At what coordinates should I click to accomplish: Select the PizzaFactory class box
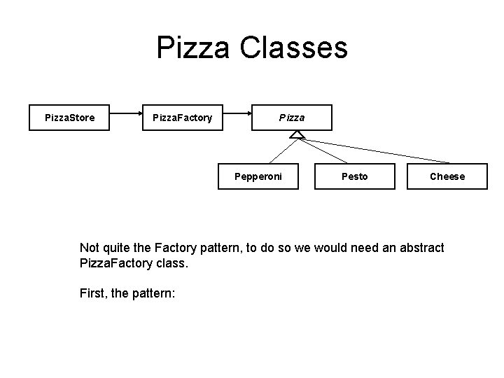pos(182,118)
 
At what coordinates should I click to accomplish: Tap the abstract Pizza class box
pos(292,118)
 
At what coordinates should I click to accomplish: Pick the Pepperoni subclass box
pos(258,176)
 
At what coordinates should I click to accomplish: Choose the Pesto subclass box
pos(354,176)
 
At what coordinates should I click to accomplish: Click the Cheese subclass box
pos(447,176)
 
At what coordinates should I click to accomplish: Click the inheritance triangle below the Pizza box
pos(297,134)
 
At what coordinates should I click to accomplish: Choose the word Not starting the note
pos(90,248)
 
